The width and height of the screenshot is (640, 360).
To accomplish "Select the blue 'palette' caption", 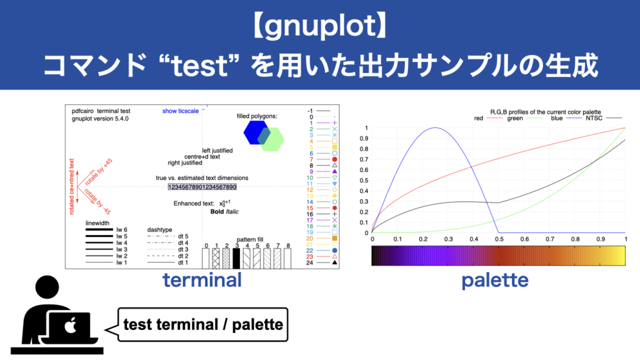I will click(494, 281).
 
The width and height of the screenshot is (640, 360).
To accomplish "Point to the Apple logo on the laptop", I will click(70, 326).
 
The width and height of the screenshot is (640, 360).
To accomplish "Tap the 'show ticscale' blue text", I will click(180, 111).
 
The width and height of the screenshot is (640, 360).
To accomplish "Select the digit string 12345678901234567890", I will click(202, 187).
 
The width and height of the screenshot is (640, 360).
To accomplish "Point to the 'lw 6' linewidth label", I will click(122, 230).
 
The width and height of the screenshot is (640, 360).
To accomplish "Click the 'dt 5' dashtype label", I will click(183, 236).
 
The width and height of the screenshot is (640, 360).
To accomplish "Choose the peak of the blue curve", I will click(436, 127).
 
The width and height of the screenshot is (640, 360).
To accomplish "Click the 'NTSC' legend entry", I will click(591, 117).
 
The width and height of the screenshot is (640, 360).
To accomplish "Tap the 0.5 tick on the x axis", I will click(499, 240).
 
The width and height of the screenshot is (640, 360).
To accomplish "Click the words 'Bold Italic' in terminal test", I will click(224, 212).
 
